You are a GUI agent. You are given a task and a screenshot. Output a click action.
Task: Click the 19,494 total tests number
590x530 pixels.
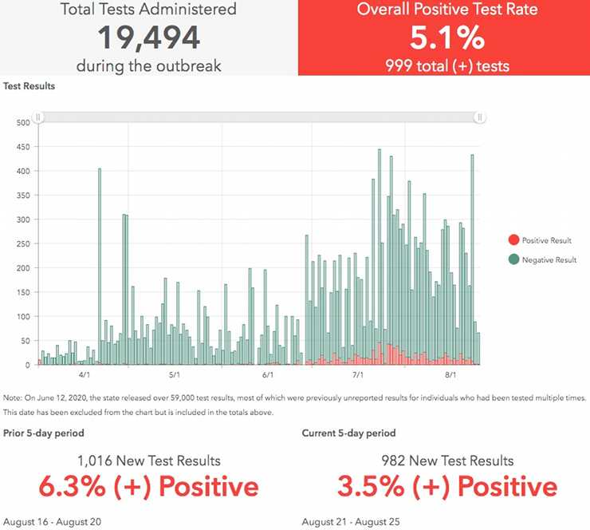(149, 38)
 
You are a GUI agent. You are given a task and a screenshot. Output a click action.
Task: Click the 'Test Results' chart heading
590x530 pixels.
(29, 86)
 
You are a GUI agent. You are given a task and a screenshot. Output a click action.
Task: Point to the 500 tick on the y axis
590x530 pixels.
(23, 122)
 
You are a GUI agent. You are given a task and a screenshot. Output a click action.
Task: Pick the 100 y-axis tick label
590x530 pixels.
(23, 317)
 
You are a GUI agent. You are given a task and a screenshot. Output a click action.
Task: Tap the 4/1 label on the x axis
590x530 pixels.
(84, 374)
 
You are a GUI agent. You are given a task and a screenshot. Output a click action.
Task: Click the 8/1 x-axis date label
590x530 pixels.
(450, 374)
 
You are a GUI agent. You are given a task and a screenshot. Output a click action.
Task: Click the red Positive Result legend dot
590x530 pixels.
(513, 240)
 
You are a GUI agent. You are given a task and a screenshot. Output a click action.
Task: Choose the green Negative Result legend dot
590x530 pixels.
(513, 259)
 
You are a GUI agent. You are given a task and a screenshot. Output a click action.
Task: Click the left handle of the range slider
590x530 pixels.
(37, 117)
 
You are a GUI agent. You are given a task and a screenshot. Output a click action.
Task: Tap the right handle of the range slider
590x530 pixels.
(480, 117)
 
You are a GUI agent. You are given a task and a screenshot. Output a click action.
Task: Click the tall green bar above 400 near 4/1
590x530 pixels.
(100, 263)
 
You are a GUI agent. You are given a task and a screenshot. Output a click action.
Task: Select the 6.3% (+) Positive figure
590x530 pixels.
(149, 487)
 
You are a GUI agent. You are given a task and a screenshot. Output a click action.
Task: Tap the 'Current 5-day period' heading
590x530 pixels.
(348, 433)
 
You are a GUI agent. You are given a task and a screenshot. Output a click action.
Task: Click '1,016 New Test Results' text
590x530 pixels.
(149, 461)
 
